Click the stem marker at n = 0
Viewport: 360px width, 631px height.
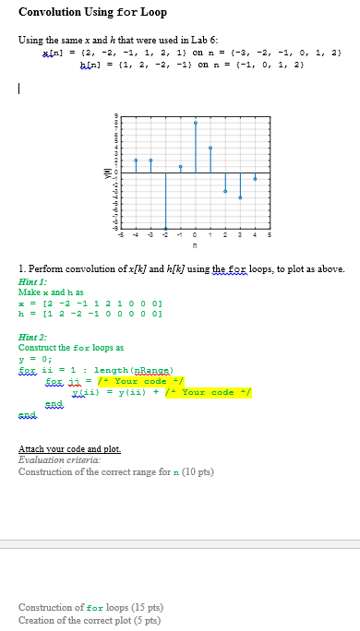pos(195,123)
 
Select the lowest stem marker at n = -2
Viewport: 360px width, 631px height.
pos(165,228)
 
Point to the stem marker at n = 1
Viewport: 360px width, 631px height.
pos(210,148)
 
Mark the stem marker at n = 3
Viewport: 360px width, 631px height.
pos(240,197)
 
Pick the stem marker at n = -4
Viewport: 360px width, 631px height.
pos(136,160)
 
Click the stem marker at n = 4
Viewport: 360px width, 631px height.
pos(255,177)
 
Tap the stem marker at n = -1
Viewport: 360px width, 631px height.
pos(180,166)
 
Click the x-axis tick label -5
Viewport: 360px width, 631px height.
pos(121,235)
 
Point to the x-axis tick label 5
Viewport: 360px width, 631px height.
pos(270,235)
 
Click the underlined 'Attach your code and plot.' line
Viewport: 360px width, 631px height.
pos(69,449)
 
